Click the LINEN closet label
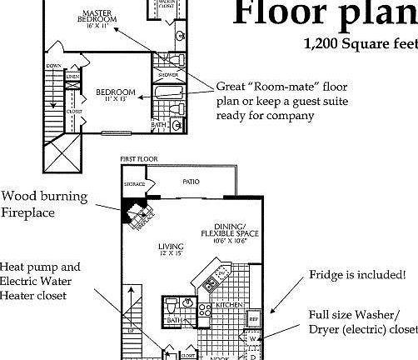click(72, 77)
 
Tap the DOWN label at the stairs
click(54, 66)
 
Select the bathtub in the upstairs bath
click(167, 92)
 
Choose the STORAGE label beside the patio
click(134, 182)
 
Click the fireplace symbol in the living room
click(135, 212)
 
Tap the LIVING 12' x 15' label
click(172, 251)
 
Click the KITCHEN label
click(230, 306)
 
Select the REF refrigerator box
click(254, 317)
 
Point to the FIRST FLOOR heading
click(139, 158)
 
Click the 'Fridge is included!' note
click(357, 274)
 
